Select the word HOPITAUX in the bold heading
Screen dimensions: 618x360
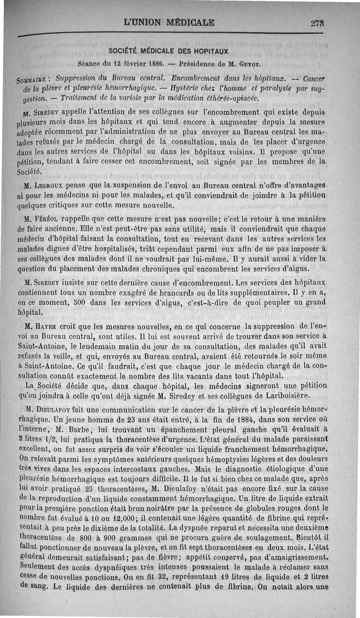pyautogui.click(x=211, y=50)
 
